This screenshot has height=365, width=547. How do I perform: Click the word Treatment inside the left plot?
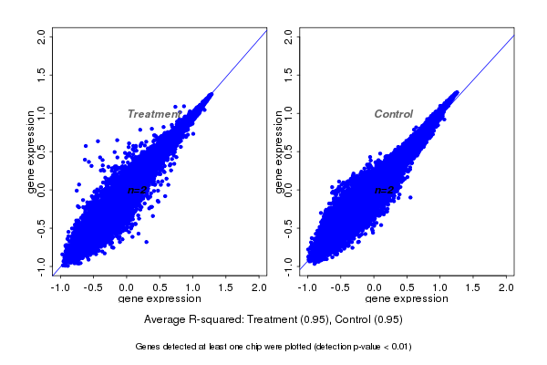(x=152, y=114)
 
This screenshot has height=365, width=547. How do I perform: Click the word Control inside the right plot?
(x=394, y=114)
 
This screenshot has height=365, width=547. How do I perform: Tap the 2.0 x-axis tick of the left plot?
(x=258, y=287)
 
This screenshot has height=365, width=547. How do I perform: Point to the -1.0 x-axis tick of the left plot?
(x=60, y=287)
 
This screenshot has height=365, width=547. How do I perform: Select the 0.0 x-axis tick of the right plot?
(x=374, y=287)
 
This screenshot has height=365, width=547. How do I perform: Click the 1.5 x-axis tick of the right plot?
(x=473, y=287)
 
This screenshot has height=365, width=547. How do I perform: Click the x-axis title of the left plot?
(x=158, y=298)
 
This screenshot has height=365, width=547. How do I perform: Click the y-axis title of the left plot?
(x=31, y=151)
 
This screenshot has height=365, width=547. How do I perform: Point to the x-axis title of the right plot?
(x=405, y=298)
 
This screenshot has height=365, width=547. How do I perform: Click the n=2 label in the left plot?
(x=138, y=190)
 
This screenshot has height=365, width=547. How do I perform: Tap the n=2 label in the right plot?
(x=385, y=190)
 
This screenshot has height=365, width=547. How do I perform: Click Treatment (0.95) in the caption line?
(x=278, y=320)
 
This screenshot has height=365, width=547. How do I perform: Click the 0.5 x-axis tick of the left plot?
(x=160, y=287)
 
